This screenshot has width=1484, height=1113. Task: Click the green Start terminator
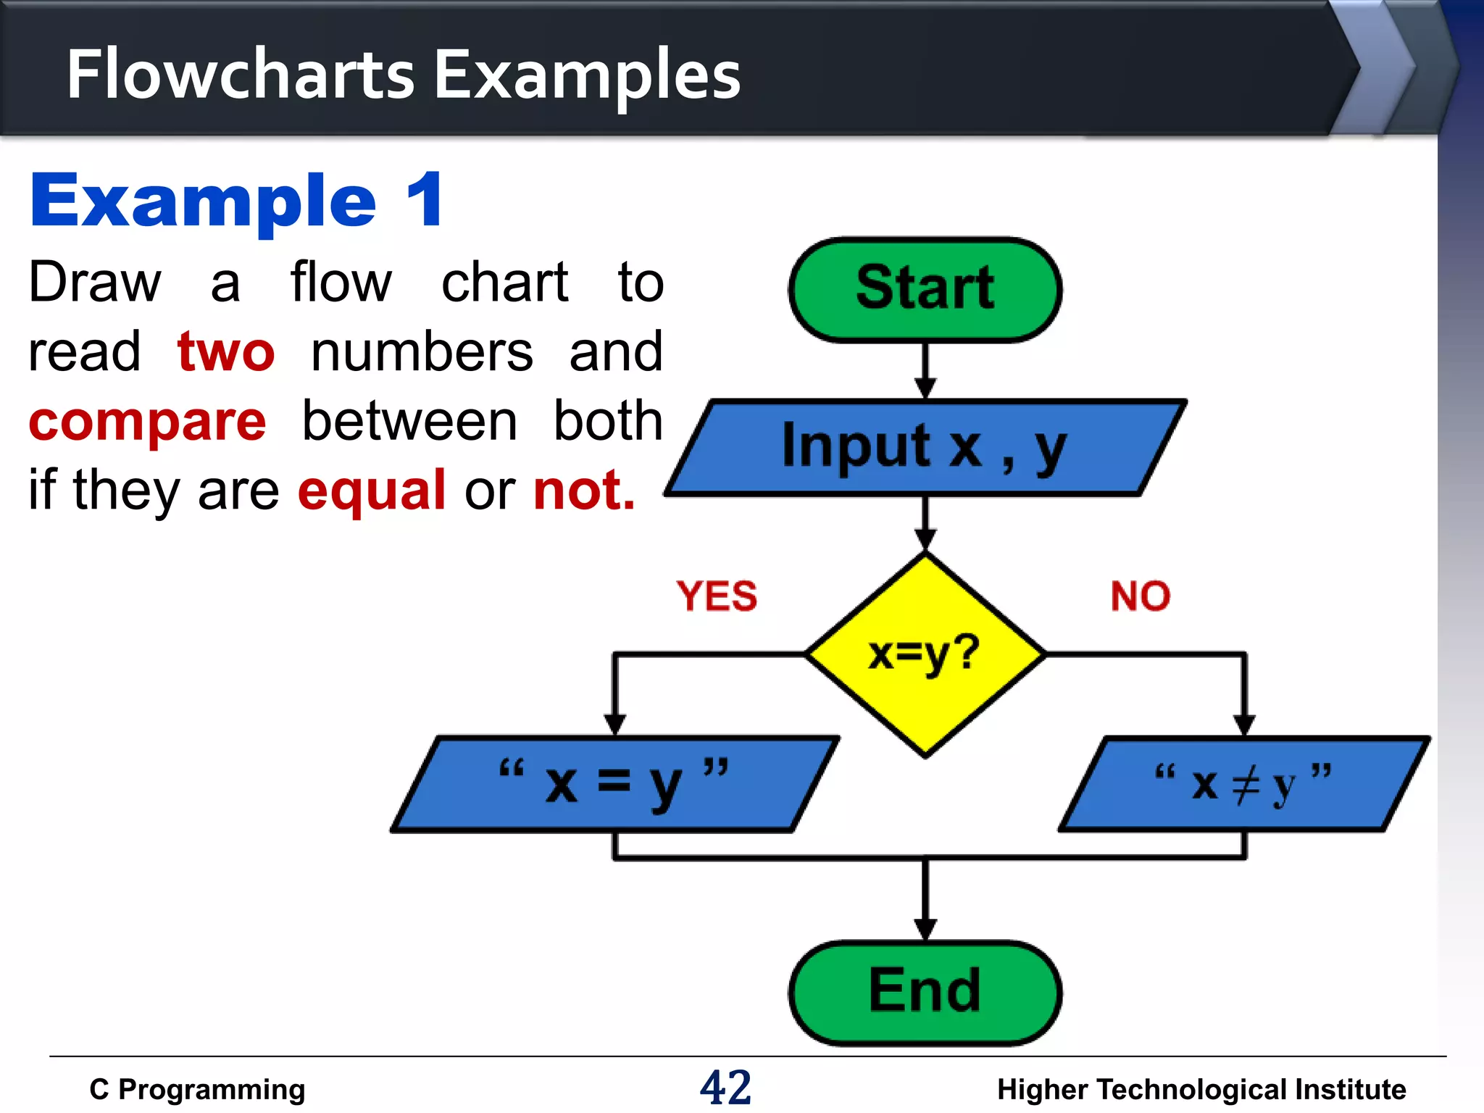click(925, 289)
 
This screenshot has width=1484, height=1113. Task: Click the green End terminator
click(925, 992)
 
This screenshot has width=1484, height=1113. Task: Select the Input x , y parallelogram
click(925, 447)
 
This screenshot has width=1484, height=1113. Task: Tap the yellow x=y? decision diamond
click(925, 654)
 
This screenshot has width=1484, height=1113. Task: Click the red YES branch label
click(717, 596)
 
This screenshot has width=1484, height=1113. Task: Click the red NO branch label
click(1141, 596)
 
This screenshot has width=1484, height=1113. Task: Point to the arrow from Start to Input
click(925, 370)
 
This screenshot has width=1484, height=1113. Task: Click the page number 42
click(725, 1088)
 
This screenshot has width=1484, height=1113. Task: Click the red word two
click(226, 351)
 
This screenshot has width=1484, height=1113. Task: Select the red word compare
click(148, 422)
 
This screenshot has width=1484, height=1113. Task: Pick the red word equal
click(372, 491)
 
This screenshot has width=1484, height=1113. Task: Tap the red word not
click(584, 491)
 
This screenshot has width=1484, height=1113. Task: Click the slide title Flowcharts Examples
click(404, 74)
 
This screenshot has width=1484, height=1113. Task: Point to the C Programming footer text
click(197, 1089)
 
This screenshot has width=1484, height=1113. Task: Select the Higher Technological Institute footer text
click(1201, 1089)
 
